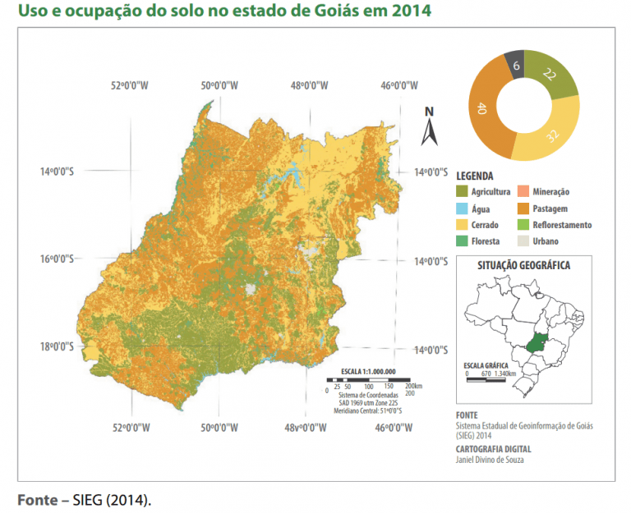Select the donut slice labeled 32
552,132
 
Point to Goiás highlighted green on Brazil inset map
537,344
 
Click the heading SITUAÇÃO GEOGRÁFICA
523,265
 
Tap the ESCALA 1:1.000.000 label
366,371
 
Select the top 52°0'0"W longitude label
131,85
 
